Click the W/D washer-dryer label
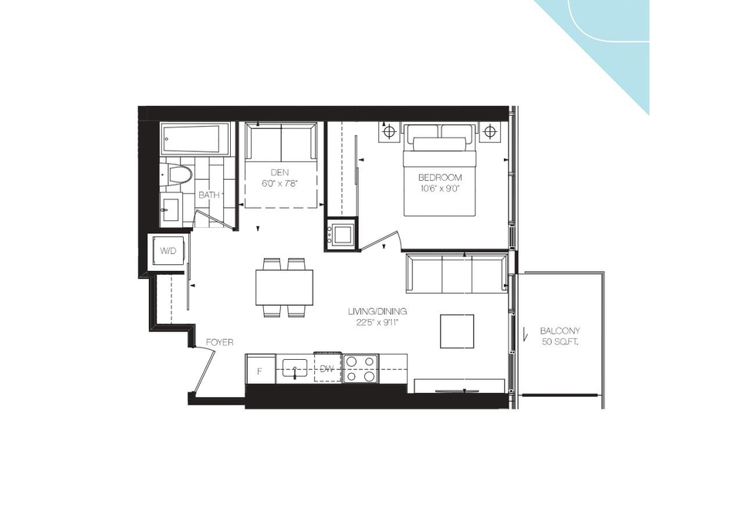tap(167, 251)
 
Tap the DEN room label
tap(279, 172)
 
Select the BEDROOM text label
tap(440, 178)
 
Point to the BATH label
tap(209, 195)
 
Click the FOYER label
tap(220, 342)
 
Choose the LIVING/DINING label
tap(377, 311)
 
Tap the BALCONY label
tap(560, 331)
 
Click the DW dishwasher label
tap(327, 368)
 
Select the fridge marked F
tap(260, 368)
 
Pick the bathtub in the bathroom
tap(195, 139)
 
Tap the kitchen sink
tap(295, 368)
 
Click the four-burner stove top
tap(360, 368)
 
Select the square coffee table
tap(457, 331)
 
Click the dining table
tap(285, 287)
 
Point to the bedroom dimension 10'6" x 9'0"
tap(439, 188)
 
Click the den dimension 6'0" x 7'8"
tap(279, 183)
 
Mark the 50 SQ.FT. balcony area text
tap(560, 341)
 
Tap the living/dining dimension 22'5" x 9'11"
tap(377, 323)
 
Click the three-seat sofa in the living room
tap(456, 273)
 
